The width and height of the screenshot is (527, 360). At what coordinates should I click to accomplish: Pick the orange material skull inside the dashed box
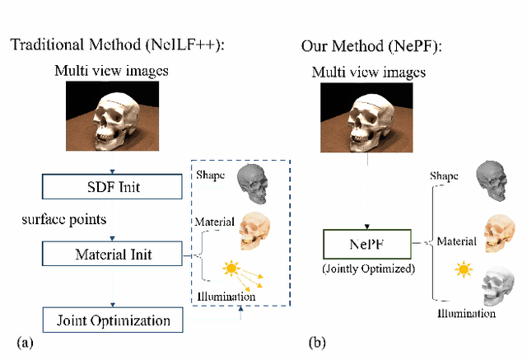click(x=259, y=232)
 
